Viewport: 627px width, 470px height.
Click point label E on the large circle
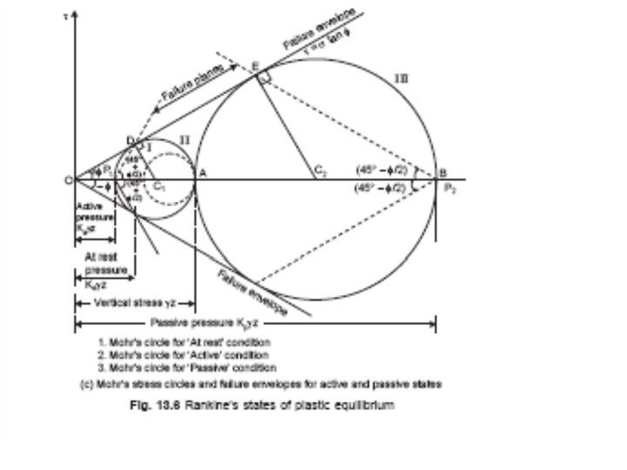[254, 66]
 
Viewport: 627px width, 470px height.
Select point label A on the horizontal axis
[203, 172]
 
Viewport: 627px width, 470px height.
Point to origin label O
[68, 180]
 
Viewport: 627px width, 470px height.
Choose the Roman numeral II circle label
[184, 138]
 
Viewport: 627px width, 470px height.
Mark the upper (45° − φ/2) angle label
[387, 170]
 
